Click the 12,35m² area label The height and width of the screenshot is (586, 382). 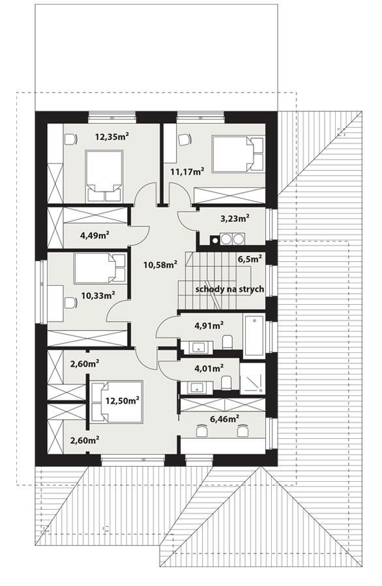coord(112,137)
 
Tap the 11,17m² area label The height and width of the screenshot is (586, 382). coord(187,172)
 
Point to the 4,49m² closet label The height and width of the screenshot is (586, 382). coord(95,236)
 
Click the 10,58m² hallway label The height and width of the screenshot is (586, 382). coord(160,265)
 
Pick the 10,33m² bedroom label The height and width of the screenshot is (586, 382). coord(98,296)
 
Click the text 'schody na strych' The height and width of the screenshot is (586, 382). coord(229,289)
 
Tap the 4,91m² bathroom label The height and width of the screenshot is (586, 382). coord(209,326)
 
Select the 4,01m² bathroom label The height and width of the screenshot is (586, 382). coord(209,369)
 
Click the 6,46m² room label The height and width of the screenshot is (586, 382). coord(225,419)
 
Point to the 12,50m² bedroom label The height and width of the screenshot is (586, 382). coord(123,401)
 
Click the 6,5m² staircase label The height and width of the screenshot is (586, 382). coord(250,259)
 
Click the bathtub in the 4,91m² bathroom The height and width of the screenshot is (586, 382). coord(254,335)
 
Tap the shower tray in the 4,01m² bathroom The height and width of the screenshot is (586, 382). coord(252,378)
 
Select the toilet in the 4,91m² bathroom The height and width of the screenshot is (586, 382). coord(228,342)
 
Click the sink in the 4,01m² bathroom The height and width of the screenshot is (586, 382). coord(197,387)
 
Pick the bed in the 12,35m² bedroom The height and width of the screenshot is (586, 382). coord(104,176)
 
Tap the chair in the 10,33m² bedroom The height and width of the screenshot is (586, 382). coord(70,302)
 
